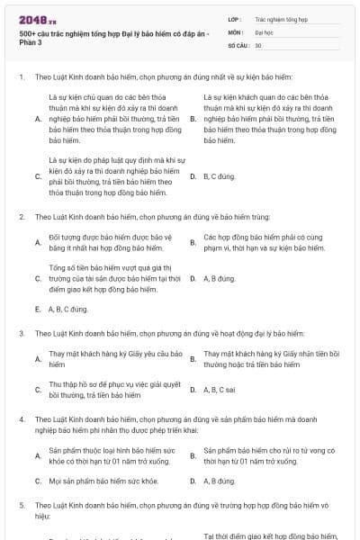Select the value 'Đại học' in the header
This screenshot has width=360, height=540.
(265, 31)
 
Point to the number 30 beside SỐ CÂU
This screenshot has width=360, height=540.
(258, 45)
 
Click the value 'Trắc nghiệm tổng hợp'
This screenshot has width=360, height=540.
(281, 18)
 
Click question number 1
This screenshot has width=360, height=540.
(21, 77)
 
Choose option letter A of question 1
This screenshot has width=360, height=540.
(38, 118)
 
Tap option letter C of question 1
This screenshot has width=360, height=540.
(38, 176)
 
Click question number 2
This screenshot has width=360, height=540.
(21, 217)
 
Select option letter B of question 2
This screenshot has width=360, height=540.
(193, 242)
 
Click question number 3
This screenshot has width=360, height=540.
(21, 333)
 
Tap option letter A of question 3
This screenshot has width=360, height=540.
(38, 359)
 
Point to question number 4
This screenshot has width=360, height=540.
(21, 419)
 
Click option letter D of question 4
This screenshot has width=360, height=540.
(193, 481)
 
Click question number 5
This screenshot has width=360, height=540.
(21, 506)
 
